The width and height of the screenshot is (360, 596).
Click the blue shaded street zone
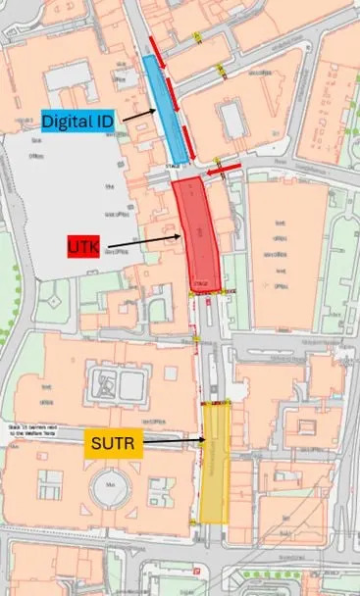click(166, 110)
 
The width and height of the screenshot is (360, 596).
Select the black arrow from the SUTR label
click(177, 443)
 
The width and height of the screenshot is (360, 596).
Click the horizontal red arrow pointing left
click(223, 170)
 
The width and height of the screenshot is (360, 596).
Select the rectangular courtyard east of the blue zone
click(232, 119)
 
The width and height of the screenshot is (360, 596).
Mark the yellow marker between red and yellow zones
click(195, 338)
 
